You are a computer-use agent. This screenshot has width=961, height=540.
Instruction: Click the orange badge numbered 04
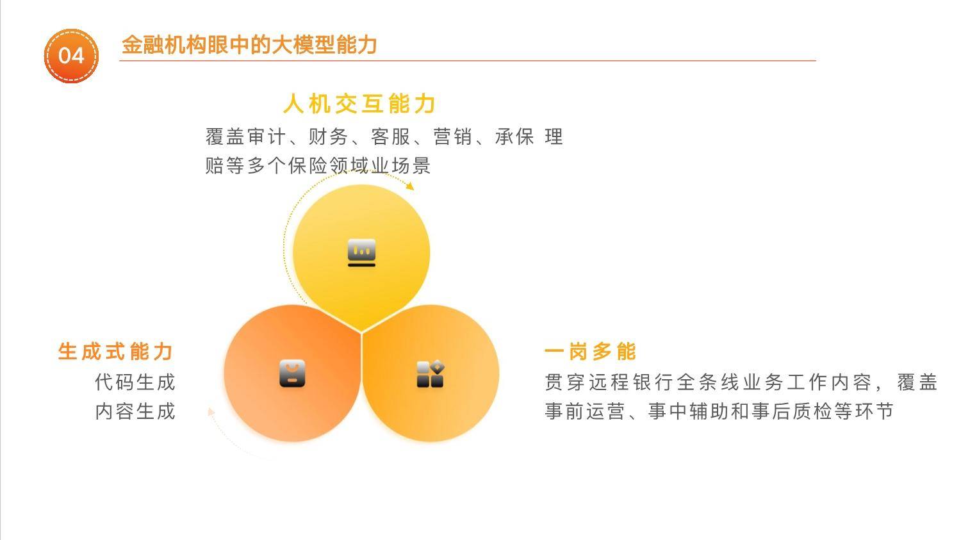tap(71, 56)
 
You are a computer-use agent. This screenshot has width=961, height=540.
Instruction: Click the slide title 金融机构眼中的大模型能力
tap(249, 45)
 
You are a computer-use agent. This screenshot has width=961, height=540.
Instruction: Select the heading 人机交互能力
tap(359, 104)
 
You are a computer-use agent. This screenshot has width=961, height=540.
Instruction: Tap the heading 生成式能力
tap(115, 352)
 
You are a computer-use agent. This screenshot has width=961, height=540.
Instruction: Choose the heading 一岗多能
tap(590, 352)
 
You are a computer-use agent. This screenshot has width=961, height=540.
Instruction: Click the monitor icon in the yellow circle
tap(362, 252)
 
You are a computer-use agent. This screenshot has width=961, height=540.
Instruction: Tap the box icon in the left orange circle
tap(292, 373)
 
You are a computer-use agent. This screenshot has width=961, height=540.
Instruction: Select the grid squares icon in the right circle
tap(431, 373)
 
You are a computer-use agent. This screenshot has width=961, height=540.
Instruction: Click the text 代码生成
tap(135, 382)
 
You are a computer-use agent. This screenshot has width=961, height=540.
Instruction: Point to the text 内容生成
tap(135, 411)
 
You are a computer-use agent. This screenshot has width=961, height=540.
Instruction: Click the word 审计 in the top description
tap(267, 137)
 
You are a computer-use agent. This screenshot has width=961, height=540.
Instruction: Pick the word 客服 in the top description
tap(390, 137)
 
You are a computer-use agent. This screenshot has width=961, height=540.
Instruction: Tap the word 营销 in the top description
tap(452, 137)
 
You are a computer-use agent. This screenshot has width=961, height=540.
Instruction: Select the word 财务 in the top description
tap(328, 137)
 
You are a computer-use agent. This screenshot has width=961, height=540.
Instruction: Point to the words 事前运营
tap(585, 411)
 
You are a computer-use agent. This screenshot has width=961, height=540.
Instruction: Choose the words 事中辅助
tap(688, 411)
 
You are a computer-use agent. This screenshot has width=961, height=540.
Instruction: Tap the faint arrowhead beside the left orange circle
tap(210, 412)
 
